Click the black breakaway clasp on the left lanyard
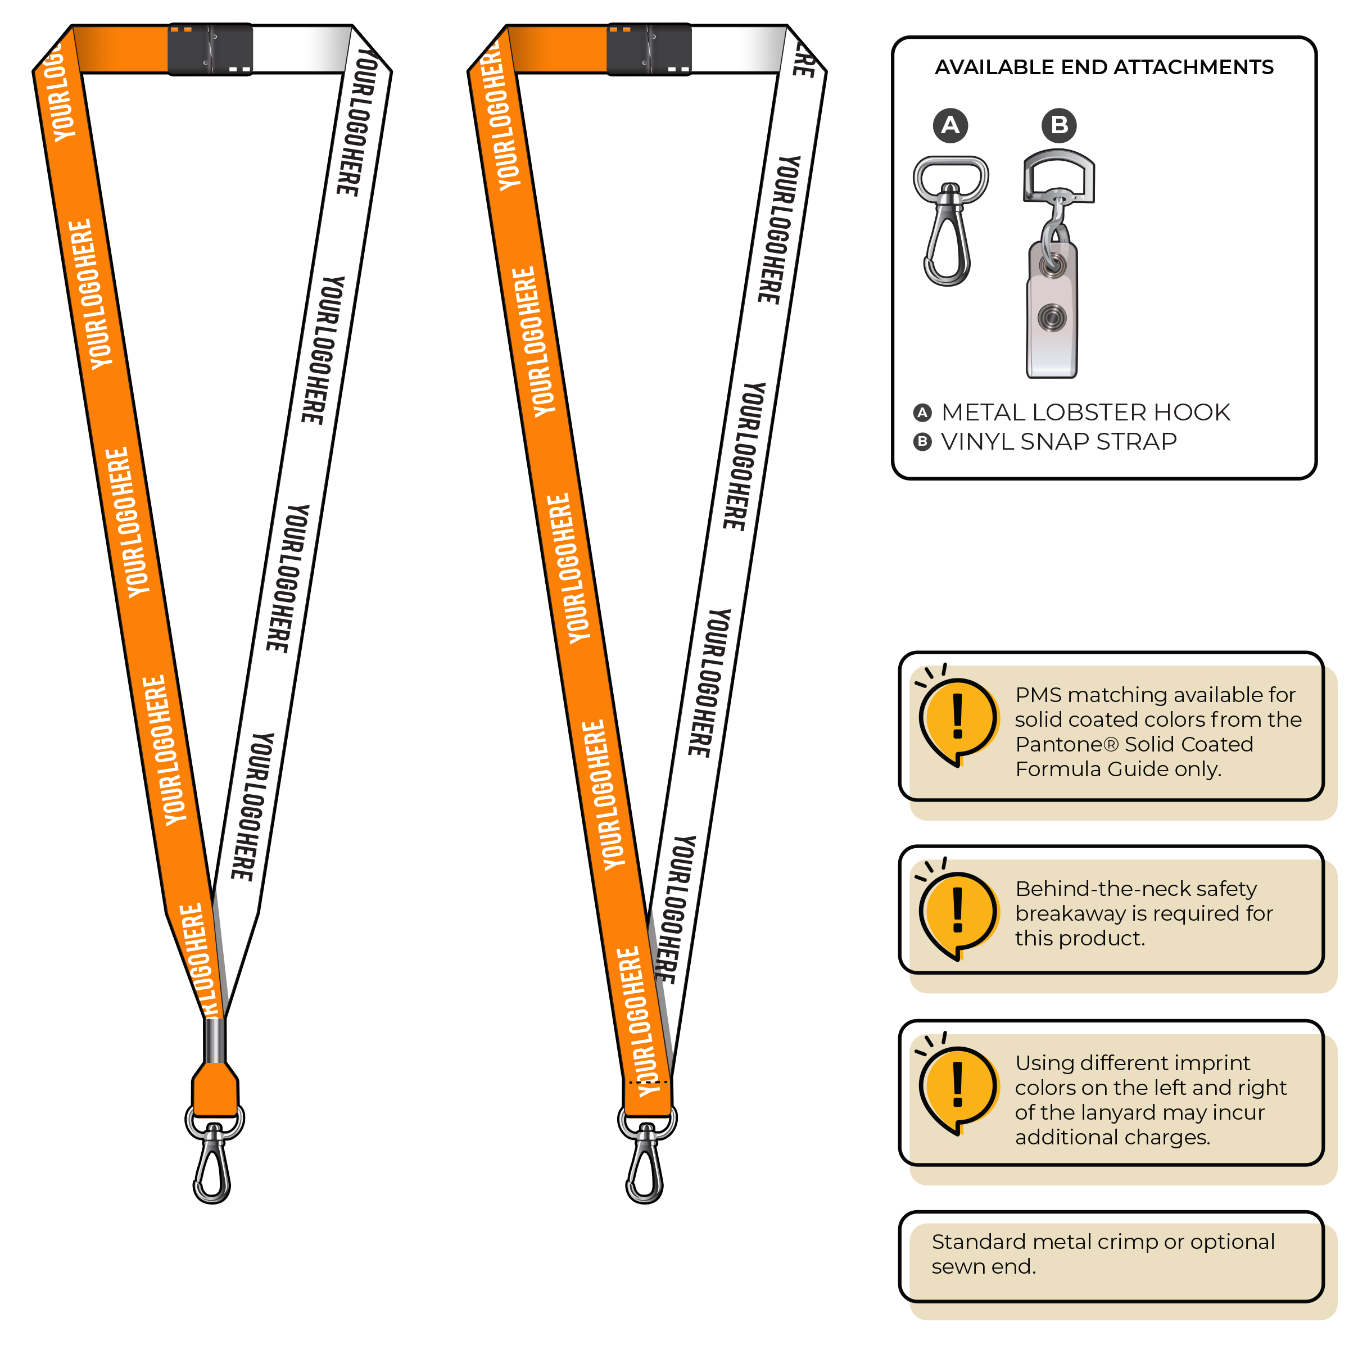pyautogui.click(x=210, y=49)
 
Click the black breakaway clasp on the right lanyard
pyautogui.click(x=649, y=49)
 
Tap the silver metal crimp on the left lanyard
pyautogui.click(x=214, y=1040)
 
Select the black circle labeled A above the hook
pyautogui.click(x=950, y=126)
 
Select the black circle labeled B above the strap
pyautogui.click(x=1058, y=126)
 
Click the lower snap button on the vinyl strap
pyautogui.click(x=1052, y=318)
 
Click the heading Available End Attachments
pyautogui.click(x=1104, y=67)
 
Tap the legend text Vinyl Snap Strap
pyautogui.click(x=1058, y=442)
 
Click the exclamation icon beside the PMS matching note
pyautogui.click(x=957, y=719)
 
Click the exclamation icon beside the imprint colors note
pyautogui.click(x=957, y=1087)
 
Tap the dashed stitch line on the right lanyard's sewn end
pyautogui.click(x=648, y=1082)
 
